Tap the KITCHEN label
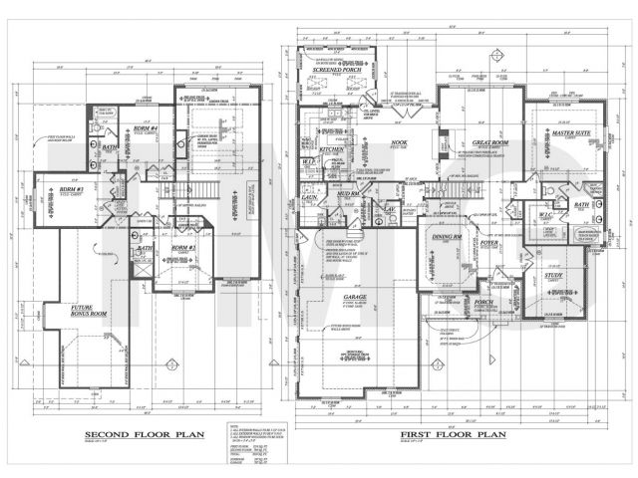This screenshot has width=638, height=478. pyautogui.click(x=332, y=148)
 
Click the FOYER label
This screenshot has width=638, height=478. pyautogui.click(x=487, y=240)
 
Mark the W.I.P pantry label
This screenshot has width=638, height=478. pyautogui.click(x=310, y=160)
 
